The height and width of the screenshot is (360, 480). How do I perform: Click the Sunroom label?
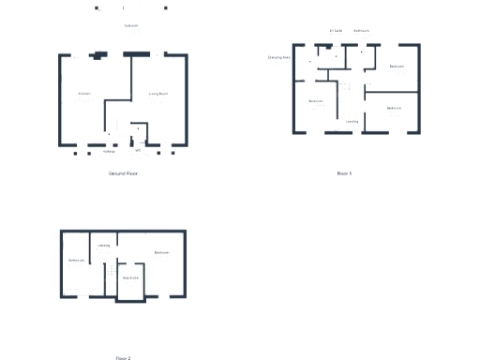(x=130, y=26)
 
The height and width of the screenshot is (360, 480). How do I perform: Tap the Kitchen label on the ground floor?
(x=84, y=94)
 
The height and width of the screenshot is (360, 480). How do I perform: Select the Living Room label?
(x=158, y=94)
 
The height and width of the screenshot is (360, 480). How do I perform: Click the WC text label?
(x=138, y=150)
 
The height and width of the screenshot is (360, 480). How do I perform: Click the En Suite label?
(x=336, y=31)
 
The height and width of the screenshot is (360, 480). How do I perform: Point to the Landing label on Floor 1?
(x=352, y=121)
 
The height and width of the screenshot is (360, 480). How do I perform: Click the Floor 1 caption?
(x=344, y=173)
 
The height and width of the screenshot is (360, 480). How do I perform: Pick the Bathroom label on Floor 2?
(x=76, y=260)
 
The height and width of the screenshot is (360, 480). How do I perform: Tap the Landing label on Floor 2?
(x=103, y=246)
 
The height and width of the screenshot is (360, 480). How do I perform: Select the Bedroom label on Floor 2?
(x=161, y=252)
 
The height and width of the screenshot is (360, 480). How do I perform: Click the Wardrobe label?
(x=130, y=277)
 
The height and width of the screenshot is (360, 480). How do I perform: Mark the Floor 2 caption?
(x=123, y=357)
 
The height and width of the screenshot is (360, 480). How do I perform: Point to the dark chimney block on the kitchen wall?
(x=96, y=56)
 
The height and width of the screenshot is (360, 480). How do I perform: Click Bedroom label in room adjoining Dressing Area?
(x=316, y=100)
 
